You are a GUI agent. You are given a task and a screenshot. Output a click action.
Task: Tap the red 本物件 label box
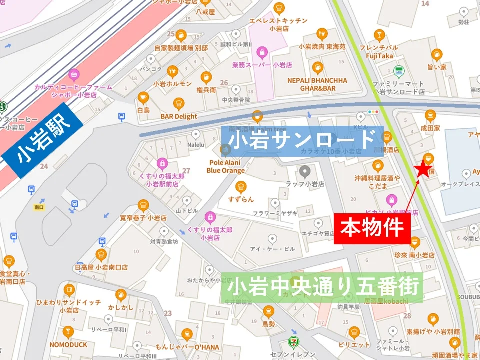tap(372, 229)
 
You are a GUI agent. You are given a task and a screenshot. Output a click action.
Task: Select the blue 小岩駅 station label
tap(42, 141)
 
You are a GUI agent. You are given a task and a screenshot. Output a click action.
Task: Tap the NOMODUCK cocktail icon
tap(68, 332)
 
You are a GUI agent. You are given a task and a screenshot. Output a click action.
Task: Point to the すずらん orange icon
tap(241, 187)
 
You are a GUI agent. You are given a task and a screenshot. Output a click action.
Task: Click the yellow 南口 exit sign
tap(39, 206)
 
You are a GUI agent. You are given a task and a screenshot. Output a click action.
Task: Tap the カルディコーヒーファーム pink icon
tap(74, 75)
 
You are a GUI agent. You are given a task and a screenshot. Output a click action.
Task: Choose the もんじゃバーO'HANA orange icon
tap(187, 334)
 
